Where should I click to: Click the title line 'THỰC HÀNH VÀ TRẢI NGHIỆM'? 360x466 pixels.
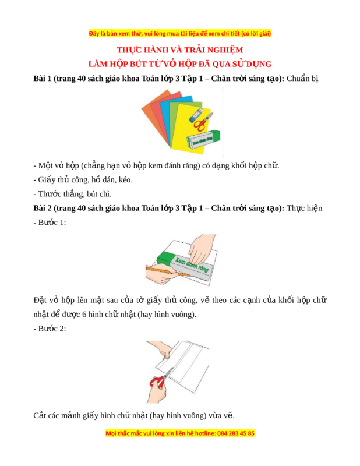pos(179,50)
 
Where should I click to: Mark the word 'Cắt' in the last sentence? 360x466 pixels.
pos(40,415)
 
